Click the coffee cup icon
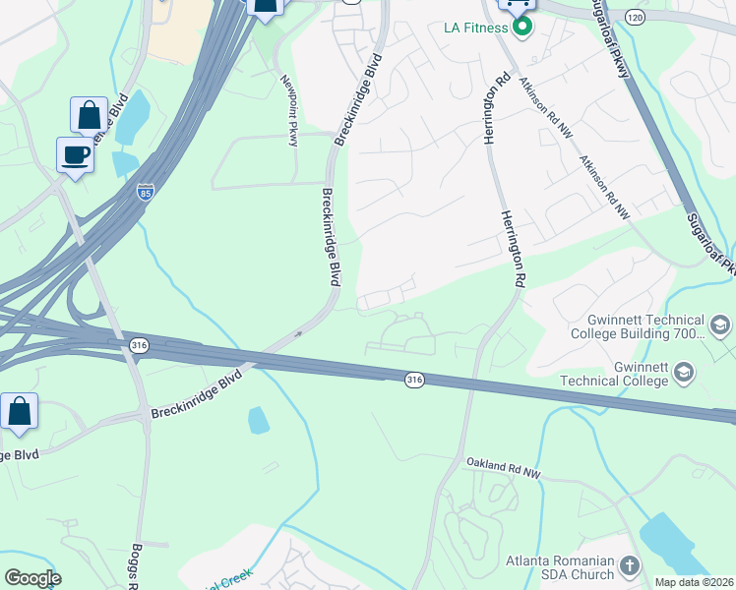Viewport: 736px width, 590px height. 76,154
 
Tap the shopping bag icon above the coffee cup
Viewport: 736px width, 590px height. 89,116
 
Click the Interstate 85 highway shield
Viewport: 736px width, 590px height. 146,192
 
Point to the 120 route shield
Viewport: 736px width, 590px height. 634,18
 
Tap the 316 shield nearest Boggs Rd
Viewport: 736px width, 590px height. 140,344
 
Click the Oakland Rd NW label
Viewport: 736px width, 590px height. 504,467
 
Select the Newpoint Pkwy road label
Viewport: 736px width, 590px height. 289,110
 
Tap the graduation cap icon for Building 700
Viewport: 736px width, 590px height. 719,326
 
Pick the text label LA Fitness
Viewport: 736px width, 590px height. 474,27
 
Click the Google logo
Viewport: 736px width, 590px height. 32,578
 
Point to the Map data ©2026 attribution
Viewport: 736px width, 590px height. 694,582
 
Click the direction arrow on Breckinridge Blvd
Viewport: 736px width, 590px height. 296,336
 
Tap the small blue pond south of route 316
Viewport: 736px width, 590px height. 258,420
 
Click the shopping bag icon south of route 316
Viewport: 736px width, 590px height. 20,414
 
